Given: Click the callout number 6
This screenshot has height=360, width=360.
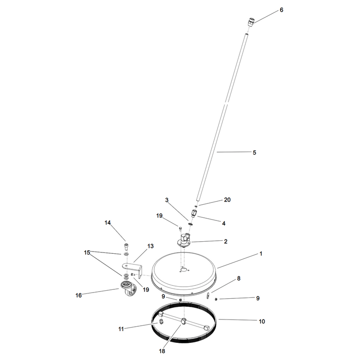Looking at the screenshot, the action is click(x=282, y=10).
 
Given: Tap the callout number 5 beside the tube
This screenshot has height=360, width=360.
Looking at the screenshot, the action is click(x=254, y=153).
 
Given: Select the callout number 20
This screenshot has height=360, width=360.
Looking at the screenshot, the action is click(x=227, y=200).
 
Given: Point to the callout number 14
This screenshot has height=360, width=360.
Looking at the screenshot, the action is click(x=108, y=222).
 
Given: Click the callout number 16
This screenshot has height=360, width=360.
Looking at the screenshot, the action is click(x=78, y=295).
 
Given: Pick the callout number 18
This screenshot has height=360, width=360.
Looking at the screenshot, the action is click(x=162, y=351).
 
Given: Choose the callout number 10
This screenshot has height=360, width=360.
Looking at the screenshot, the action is click(x=262, y=321).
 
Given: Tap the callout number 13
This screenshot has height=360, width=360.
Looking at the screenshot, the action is click(x=150, y=246).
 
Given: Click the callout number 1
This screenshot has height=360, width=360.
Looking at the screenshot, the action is click(x=261, y=254).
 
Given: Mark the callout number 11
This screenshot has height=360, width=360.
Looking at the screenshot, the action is click(x=121, y=329).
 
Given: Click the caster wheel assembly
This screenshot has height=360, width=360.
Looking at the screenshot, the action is click(x=128, y=290).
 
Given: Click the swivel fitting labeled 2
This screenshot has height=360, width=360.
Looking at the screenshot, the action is click(x=183, y=240).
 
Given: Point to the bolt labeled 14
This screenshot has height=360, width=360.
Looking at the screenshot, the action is click(x=126, y=246).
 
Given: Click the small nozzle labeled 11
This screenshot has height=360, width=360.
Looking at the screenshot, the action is click(x=161, y=321).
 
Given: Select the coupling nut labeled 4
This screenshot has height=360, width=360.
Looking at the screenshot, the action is click(x=194, y=213).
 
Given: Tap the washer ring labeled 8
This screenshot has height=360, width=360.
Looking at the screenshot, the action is click(x=208, y=296).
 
